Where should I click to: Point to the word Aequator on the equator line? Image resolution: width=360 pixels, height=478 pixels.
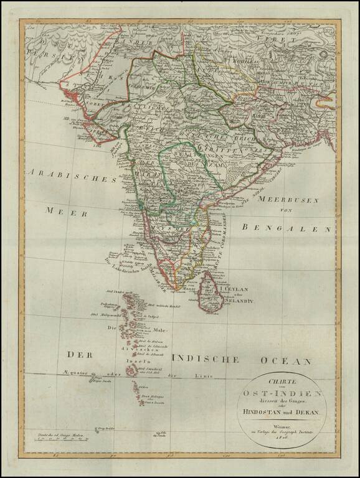click(74, 372)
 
